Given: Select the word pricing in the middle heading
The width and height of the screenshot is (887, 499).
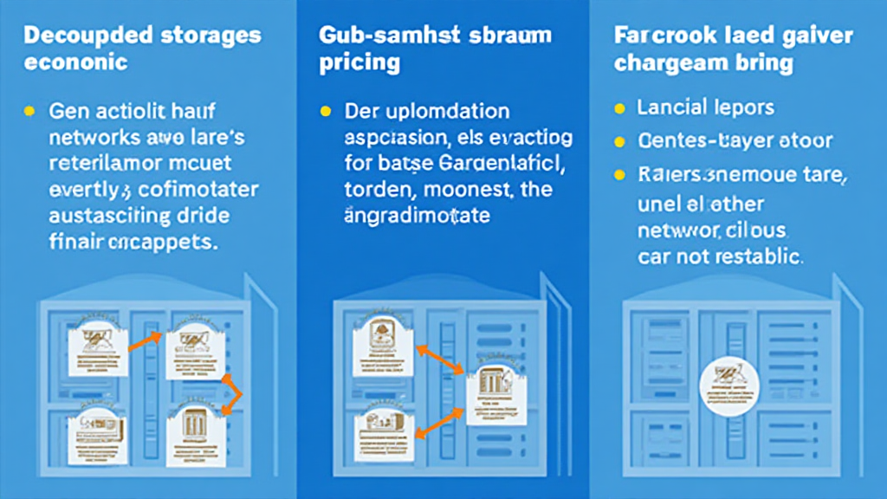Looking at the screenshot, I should point(359,62).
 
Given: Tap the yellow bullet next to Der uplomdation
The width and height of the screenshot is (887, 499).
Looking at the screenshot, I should point(325,113).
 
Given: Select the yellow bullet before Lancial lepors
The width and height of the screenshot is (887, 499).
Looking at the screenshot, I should point(618,109).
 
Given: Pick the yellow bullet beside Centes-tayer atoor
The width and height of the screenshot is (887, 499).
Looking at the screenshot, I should point(618,140).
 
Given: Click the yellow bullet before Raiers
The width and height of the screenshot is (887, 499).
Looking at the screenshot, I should point(618,174).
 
